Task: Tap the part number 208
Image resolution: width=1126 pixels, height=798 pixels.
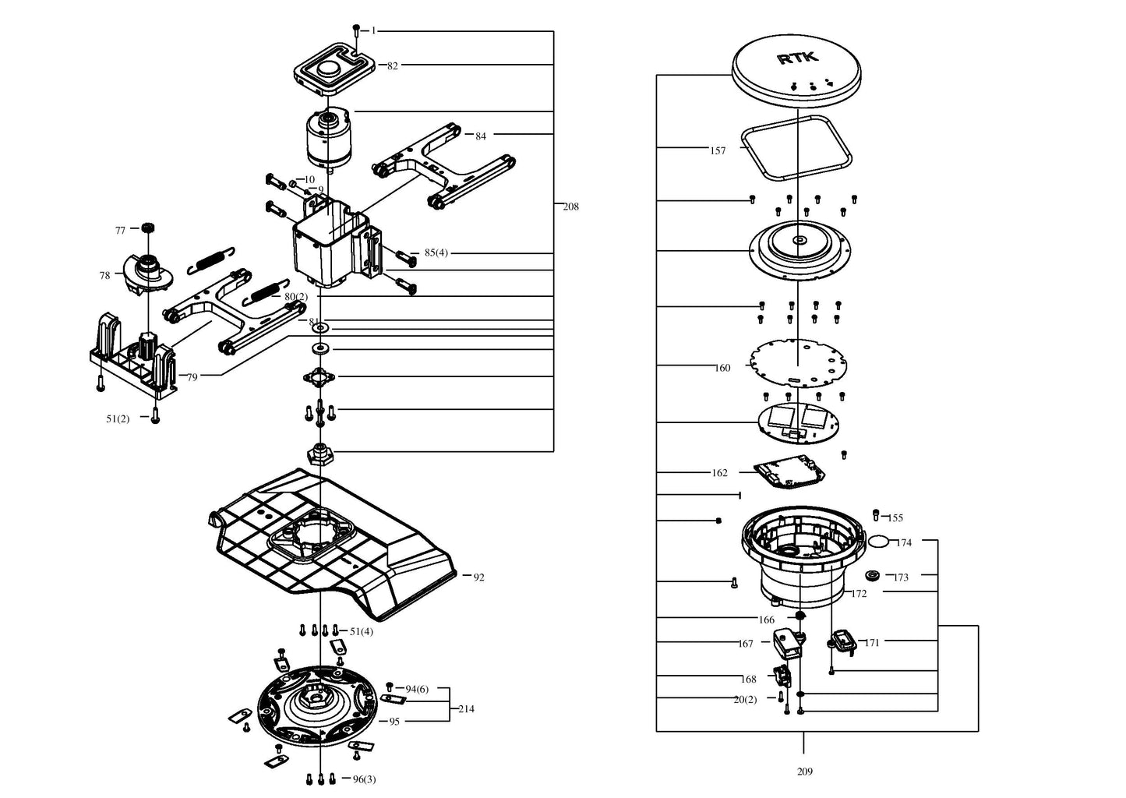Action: point(571,207)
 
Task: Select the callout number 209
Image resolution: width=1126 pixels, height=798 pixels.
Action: point(805,772)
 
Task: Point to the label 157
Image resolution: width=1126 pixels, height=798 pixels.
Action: point(718,150)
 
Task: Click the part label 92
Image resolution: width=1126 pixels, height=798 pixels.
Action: point(479,577)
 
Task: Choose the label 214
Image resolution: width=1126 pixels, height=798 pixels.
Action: point(466,709)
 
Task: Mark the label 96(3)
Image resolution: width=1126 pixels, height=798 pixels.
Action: point(364,779)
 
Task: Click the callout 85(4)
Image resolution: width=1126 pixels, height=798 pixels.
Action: point(436,253)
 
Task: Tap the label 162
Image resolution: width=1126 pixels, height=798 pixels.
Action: point(720,473)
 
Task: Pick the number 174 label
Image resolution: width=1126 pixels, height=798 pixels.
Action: point(904,542)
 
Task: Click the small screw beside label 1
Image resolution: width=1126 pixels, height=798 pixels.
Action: point(356,30)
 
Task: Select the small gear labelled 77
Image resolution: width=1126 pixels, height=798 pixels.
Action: point(145,228)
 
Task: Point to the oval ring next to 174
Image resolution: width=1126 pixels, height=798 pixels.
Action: point(879,541)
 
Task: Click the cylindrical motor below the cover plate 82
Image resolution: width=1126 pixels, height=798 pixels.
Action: point(328,139)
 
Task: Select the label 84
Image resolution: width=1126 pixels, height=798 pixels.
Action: point(481,136)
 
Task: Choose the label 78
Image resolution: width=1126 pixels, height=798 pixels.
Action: point(104,276)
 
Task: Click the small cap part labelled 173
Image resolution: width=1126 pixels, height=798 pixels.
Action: point(873,576)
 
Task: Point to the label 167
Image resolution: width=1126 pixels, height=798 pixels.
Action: point(746,644)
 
